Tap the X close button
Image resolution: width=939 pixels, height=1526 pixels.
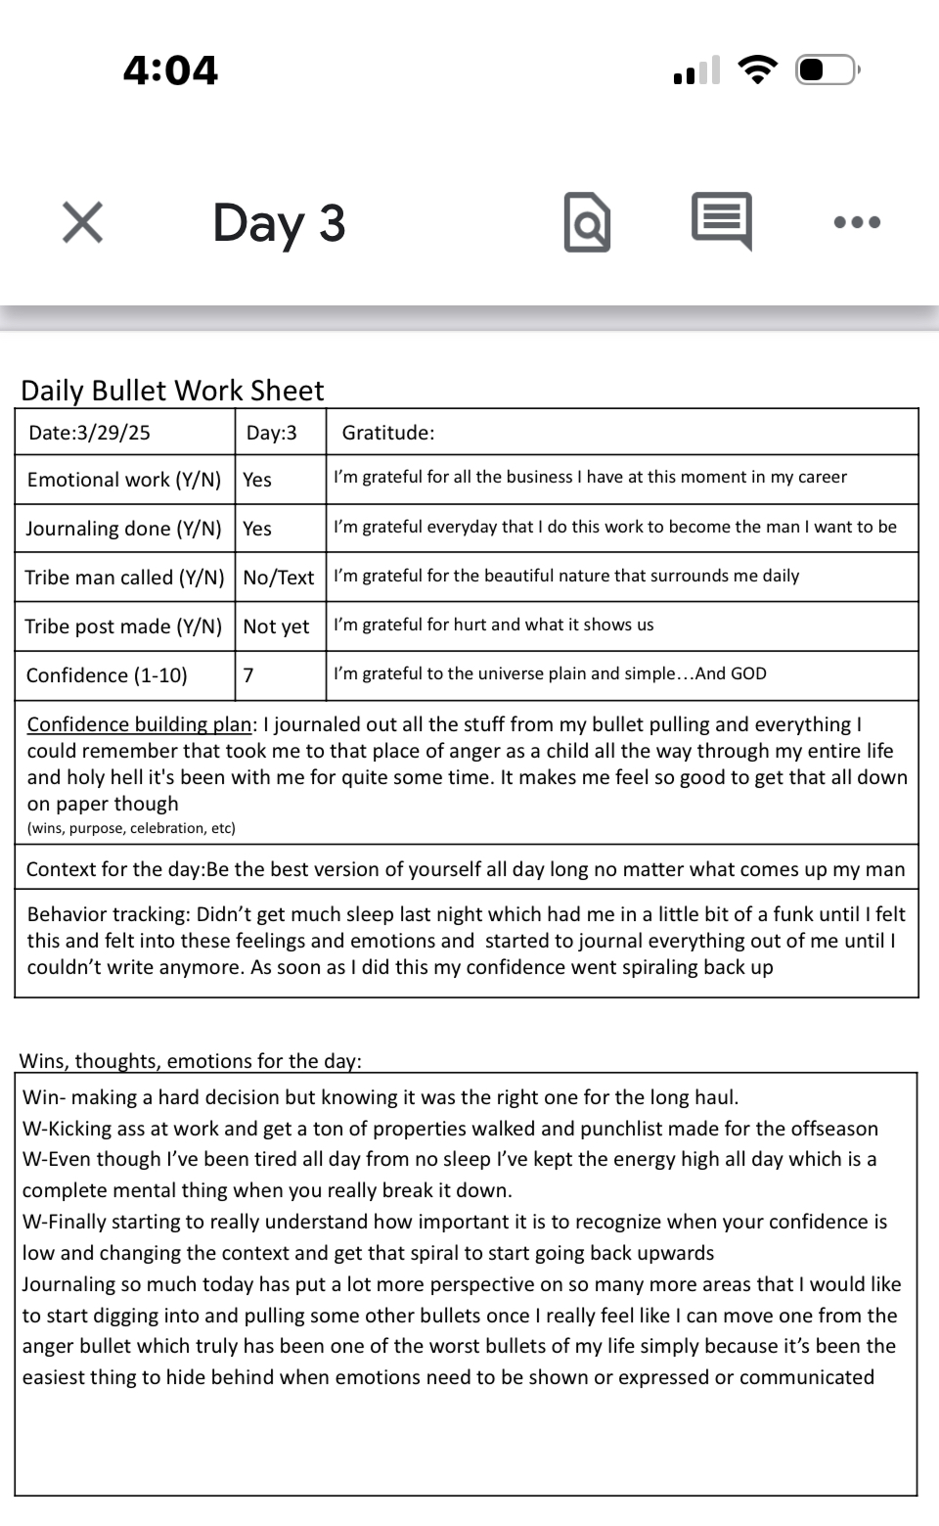[82, 222]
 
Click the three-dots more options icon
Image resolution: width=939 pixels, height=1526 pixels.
[857, 222]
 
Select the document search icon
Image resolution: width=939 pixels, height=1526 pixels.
[587, 222]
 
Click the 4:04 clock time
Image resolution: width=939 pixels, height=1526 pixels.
[170, 70]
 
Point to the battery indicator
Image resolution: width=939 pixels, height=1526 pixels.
[827, 70]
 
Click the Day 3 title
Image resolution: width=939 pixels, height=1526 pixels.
[279, 222]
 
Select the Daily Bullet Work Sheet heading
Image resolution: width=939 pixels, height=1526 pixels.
[172, 391]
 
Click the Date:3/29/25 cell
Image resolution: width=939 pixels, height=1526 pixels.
[90, 433]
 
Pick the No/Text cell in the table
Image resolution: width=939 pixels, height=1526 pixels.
[279, 578]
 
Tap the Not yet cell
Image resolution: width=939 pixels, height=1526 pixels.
[276, 626]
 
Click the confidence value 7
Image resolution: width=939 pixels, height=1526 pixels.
[248, 675]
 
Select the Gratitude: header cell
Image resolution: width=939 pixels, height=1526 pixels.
[388, 433]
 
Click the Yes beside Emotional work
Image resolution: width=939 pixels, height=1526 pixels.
[257, 480]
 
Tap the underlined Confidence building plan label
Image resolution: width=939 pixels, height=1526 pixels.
[139, 724]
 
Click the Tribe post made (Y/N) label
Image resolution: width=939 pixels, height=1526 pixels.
[124, 626]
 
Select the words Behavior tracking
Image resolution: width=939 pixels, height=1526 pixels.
[108, 914]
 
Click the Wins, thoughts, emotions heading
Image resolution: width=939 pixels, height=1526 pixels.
[191, 1061]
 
